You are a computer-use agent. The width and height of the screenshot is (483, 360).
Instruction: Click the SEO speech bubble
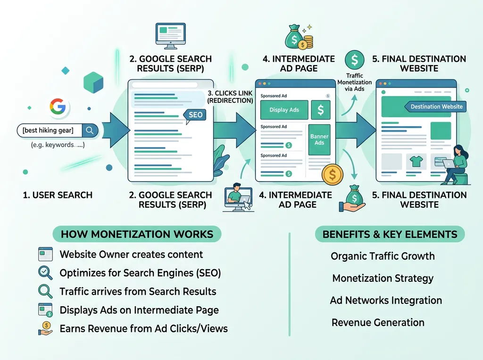click(195, 115)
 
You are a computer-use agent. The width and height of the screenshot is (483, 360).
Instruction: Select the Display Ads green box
click(284, 110)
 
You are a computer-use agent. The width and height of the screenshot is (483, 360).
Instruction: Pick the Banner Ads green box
click(319, 139)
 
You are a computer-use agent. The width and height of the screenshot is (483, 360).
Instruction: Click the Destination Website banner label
click(436, 106)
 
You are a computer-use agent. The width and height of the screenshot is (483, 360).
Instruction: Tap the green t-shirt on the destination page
click(416, 162)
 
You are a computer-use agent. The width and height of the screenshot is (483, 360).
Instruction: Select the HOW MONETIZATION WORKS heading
click(137, 234)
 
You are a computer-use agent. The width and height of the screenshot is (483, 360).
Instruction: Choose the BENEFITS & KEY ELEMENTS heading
click(390, 234)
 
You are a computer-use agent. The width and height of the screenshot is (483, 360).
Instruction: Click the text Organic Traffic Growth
click(383, 256)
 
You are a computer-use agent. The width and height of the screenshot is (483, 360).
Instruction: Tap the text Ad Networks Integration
click(386, 301)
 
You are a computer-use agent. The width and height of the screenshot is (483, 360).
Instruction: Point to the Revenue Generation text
click(378, 323)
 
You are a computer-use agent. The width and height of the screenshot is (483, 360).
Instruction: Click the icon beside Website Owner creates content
click(45, 254)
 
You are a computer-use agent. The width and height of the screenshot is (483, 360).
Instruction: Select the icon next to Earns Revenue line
click(45, 328)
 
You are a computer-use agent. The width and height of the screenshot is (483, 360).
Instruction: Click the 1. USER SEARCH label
click(58, 195)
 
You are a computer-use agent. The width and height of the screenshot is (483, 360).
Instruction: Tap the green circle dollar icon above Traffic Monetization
click(354, 60)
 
